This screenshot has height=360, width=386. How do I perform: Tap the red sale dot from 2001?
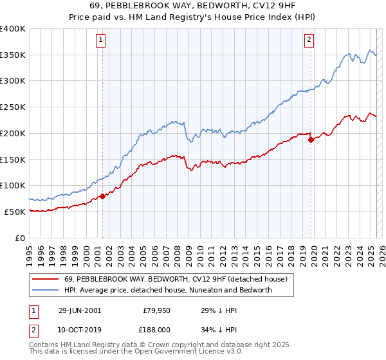click(x=102, y=196)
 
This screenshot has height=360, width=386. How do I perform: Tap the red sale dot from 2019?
click(x=311, y=139)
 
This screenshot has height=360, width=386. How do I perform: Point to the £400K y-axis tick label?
click(x=13, y=29)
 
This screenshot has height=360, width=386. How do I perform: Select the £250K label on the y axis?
click(x=13, y=107)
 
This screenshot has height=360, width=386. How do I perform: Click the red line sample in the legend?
click(x=46, y=280)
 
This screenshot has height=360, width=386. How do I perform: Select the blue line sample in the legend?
click(x=46, y=290)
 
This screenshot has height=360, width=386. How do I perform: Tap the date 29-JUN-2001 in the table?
click(x=80, y=310)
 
